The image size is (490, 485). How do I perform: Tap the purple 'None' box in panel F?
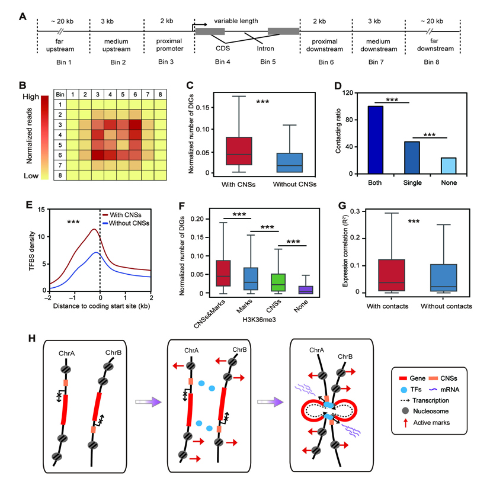pos(305,290)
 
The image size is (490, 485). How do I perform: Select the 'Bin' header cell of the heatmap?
pos(59,94)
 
